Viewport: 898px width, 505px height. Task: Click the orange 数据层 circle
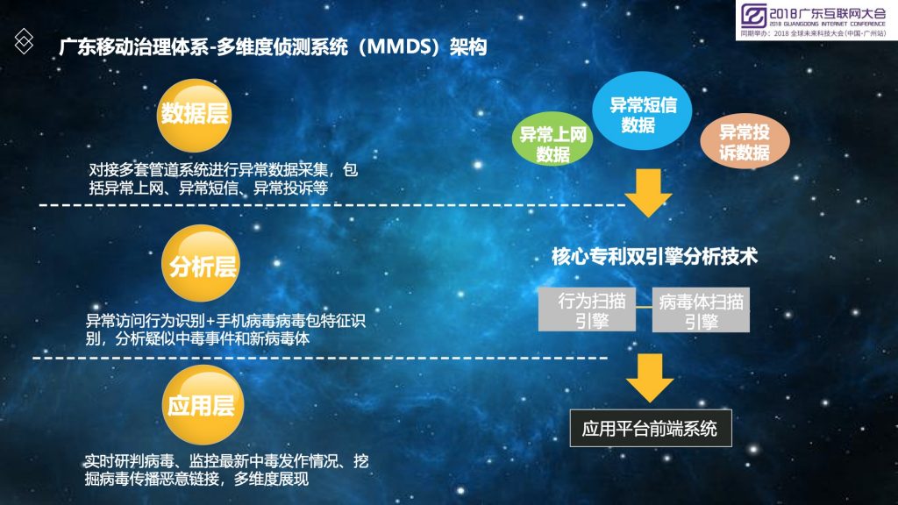194,115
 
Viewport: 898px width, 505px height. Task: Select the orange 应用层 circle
203,405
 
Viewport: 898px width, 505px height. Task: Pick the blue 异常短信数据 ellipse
641,111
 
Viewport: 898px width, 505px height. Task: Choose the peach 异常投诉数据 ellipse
745,141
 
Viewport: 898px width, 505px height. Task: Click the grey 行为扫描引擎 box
587,309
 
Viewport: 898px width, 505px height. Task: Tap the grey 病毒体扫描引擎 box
701,309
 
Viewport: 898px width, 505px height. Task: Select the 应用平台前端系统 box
651,428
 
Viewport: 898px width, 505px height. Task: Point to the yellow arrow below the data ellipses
648,192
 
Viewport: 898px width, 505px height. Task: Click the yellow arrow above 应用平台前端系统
650,377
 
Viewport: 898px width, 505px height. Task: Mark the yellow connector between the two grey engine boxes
644,307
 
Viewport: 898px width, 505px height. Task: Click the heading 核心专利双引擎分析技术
654,257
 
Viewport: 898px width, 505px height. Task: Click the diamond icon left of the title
24,41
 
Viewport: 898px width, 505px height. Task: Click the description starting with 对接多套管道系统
223,179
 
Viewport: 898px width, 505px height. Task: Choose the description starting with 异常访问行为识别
225,330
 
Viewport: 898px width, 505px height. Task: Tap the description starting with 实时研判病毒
226,470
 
